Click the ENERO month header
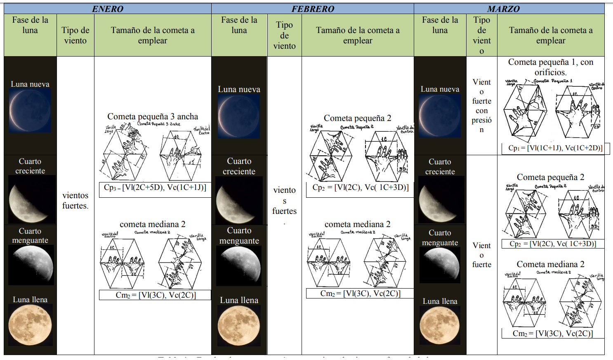tap(108, 9)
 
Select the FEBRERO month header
tap(313, 9)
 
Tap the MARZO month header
tap(503, 9)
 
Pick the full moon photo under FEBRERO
tap(239, 326)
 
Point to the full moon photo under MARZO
tap(440, 325)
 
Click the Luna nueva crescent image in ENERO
tap(30, 110)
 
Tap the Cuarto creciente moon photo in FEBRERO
tap(239, 201)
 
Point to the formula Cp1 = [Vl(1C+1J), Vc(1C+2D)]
tap(555, 148)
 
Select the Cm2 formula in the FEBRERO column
tap(360, 293)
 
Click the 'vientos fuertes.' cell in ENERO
tap(75, 200)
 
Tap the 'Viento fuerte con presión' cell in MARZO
tap(481, 106)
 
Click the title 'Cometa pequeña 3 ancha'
tap(153, 116)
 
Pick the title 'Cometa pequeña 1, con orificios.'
tap(550, 67)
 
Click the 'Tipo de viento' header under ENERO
tap(75, 35)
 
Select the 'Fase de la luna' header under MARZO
tap(440, 25)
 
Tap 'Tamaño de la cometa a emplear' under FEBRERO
tap(358, 35)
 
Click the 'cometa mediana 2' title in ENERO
tap(153, 224)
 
